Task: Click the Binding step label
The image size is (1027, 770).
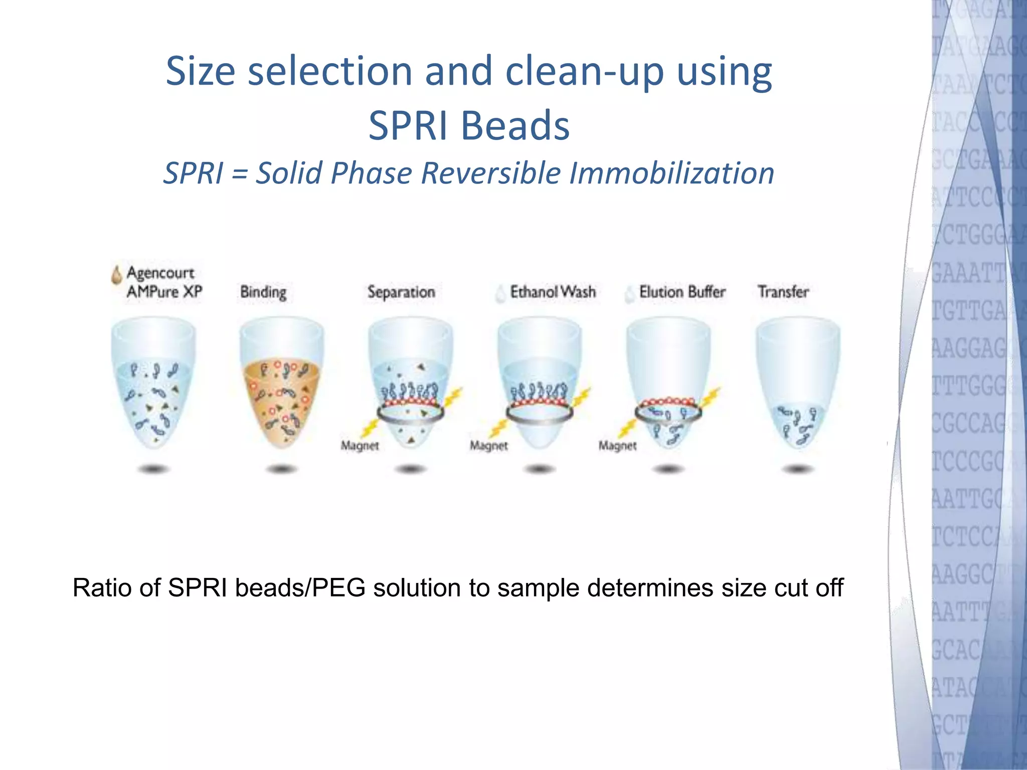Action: [263, 292]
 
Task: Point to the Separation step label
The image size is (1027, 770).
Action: [401, 292]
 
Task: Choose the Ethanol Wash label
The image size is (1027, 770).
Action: [553, 292]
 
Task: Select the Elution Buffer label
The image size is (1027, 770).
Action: [682, 292]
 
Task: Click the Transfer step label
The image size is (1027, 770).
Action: [783, 292]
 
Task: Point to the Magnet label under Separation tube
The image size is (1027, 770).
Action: [360, 445]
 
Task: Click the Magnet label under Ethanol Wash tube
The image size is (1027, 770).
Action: [488, 445]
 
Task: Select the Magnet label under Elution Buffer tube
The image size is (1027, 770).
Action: [617, 445]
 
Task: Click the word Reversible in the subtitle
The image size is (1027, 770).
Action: [491, 173]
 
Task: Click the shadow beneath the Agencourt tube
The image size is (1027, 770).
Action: [153, 469]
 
